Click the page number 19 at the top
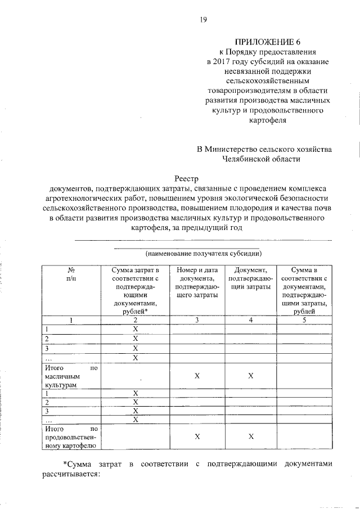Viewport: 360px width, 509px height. click(204, 21)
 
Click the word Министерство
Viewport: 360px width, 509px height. click(233, 149)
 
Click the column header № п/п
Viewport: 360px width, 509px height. click(71, 274)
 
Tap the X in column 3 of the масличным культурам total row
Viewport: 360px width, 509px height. click(197, 376)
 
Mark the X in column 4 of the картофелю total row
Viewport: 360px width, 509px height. click(251, 437)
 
